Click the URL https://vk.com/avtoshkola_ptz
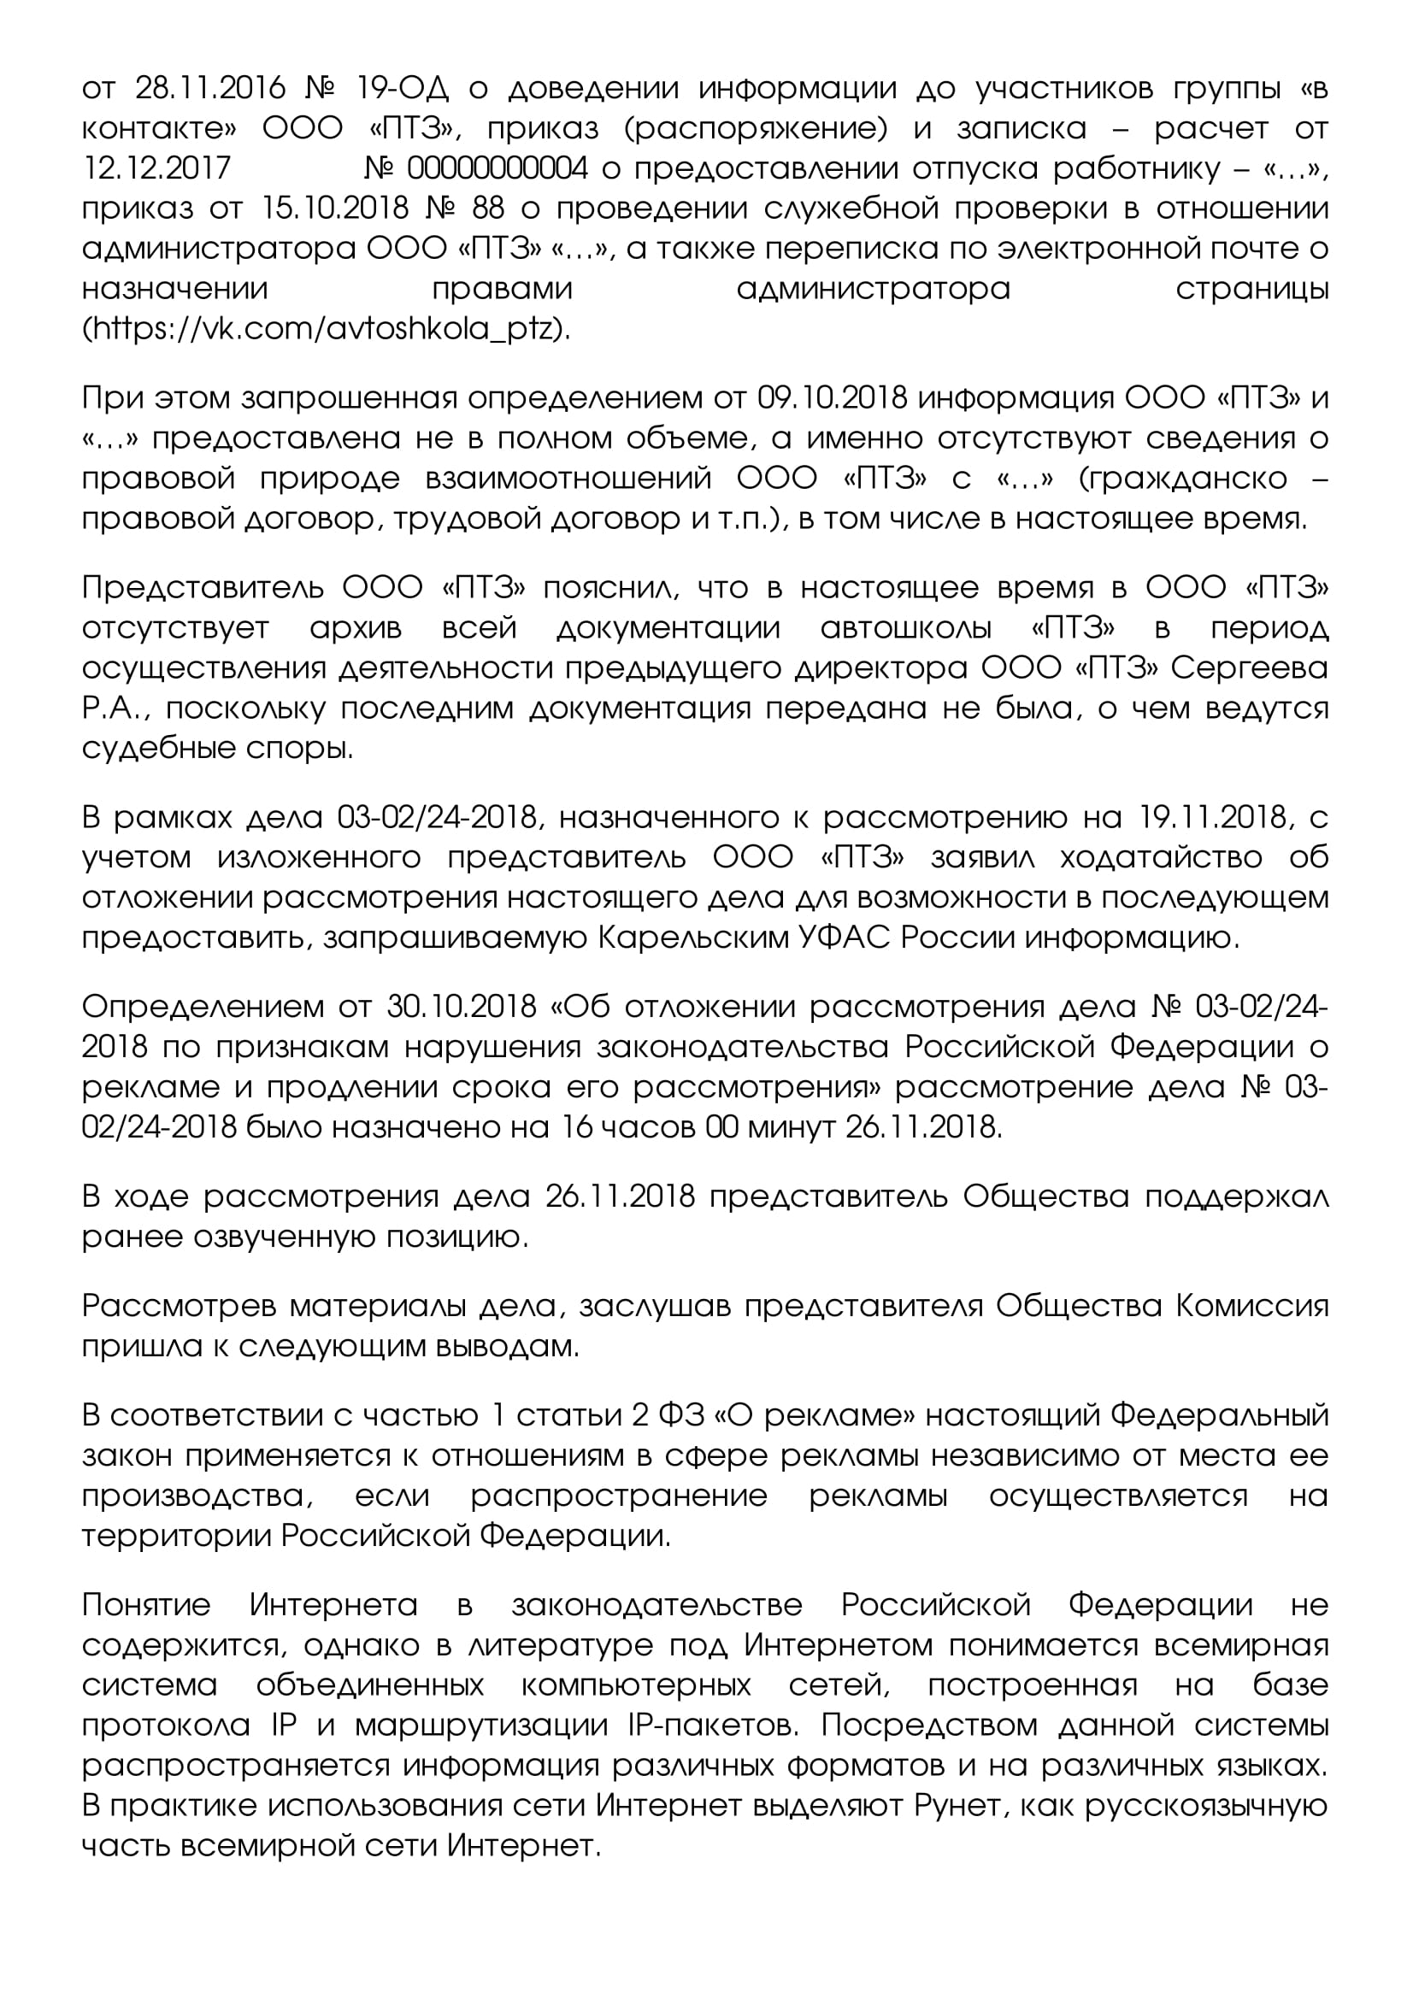tap(326, 329)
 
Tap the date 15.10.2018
tap(335, 209)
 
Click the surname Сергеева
tap(1250, 667)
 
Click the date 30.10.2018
tap(462, 1007)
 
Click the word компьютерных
tap(635, 1684)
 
